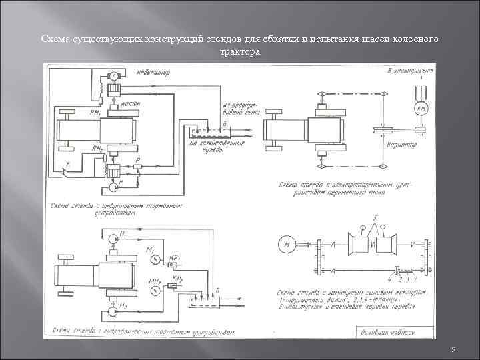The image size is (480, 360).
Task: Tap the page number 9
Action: pyautogui.click(x=453, y=350)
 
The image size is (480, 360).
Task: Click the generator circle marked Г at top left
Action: pyautogui.click(x=115, y=75)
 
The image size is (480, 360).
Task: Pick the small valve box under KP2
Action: pyautogui.click(x=177, y=285)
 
